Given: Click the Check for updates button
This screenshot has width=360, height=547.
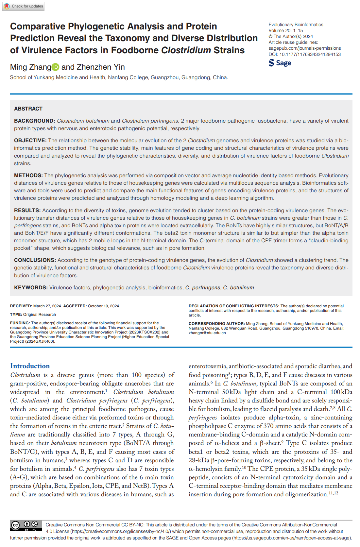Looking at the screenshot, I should point(23,6).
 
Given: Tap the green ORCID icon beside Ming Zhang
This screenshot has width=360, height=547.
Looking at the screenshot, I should point(56,67).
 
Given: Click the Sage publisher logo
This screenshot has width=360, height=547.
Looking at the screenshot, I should point(280,63).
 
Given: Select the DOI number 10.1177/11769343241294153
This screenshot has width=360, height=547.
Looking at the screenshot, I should point(310,54).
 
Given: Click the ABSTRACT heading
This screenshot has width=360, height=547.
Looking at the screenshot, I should point(28,109).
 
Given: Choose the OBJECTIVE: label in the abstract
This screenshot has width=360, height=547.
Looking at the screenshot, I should point(30,141).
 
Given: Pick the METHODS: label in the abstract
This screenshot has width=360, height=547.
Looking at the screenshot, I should point(28,176).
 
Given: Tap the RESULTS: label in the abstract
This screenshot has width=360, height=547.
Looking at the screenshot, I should point(27,211).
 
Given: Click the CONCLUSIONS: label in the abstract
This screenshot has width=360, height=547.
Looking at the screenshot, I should point(35,260).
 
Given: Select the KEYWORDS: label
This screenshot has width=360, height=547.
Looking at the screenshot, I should point(31,288).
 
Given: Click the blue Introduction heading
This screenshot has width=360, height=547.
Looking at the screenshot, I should point(30,366).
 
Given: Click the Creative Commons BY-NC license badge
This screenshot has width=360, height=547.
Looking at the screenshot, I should point(26,525).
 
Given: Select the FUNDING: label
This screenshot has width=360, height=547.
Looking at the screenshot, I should point(20,323).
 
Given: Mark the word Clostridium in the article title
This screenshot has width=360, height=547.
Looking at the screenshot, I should point(186,50).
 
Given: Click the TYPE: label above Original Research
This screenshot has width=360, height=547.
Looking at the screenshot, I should point(16,315).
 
